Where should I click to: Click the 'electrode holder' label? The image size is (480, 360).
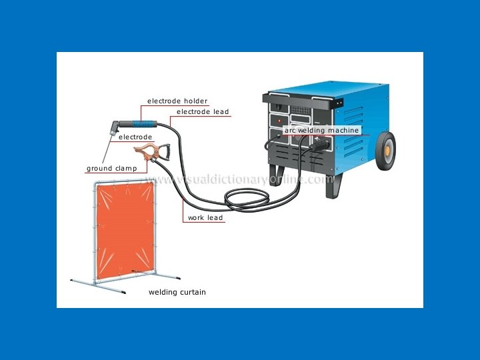point(177,101)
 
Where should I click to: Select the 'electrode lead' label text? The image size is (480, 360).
point(203,112)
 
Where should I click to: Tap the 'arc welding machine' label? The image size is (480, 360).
point(322,131)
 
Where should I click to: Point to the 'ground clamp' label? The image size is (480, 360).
point(111,169)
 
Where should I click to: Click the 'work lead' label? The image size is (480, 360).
point(205,218)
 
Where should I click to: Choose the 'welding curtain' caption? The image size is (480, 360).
point(177,292)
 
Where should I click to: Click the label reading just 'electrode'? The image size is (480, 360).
point(135,137)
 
